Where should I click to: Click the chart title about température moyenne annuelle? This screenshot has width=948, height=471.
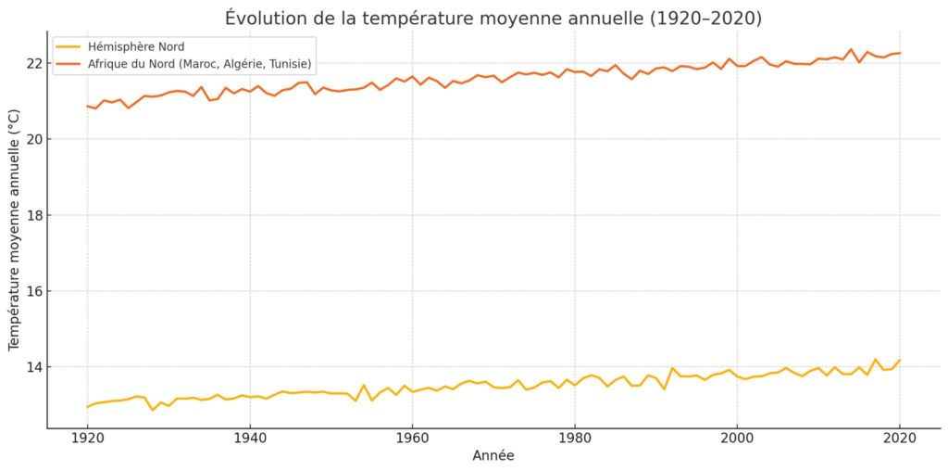point(493,19)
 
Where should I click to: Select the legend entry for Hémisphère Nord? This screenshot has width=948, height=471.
point(133,46)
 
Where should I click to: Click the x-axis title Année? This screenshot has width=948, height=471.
point(493,455)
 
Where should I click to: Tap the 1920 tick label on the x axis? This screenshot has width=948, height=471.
point(87,436)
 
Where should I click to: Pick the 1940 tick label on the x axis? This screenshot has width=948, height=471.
point(250,436)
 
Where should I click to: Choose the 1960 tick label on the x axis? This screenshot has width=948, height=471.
point(412,436)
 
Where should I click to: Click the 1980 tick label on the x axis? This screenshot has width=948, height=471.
point(575,436)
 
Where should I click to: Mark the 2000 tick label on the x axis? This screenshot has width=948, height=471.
point(737,436)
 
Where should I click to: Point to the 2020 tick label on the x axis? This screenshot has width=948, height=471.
point(900,436)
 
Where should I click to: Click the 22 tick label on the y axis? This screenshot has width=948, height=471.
point(33,63)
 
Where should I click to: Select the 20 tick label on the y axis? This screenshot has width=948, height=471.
point(33,139)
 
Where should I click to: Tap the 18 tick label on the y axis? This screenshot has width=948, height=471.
point(33,215)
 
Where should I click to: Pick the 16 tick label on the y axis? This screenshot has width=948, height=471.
point(33,291)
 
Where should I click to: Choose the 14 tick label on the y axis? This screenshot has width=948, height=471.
point(33,367)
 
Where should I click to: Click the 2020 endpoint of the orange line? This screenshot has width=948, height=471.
point(900,53)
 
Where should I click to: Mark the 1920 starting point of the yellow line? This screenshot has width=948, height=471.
point(87,407)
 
